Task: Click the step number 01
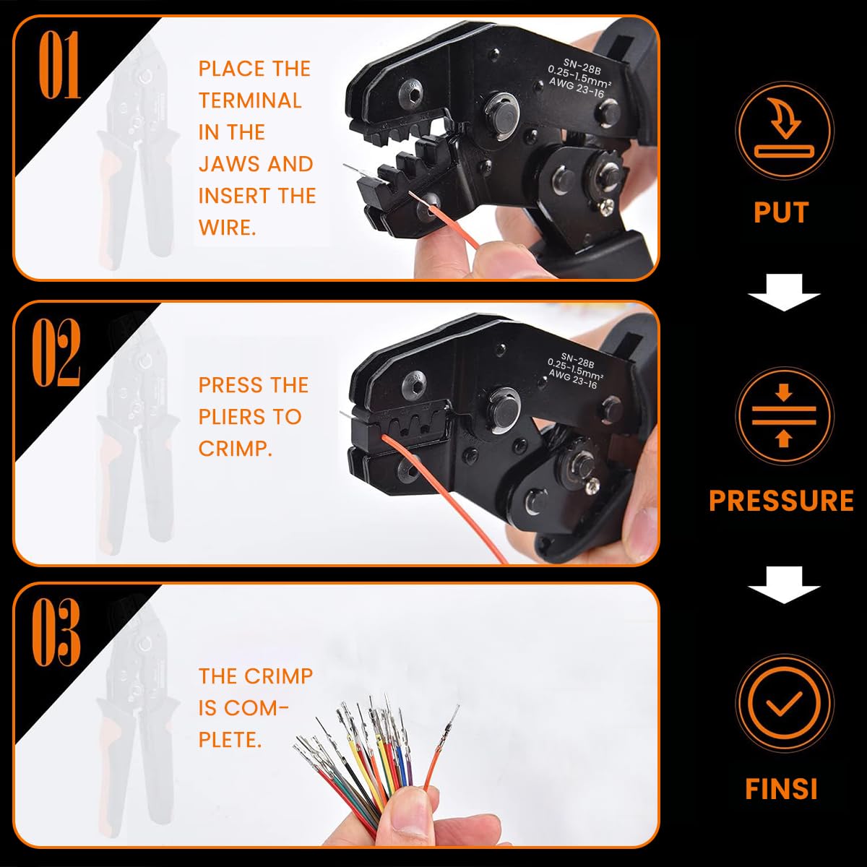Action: pos(59,66)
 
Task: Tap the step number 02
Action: pos(56,352)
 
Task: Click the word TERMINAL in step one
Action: pos(250,100)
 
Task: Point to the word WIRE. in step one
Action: pos(227,228)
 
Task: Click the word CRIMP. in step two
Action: pos(236,449)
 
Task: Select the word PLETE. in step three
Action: pos(230,739)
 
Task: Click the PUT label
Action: pos(781,212)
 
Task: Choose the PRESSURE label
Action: pos(781,501)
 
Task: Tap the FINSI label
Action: pos(781,789)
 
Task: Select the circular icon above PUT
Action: pos(784,130)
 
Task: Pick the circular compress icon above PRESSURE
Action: pos(784,416)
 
